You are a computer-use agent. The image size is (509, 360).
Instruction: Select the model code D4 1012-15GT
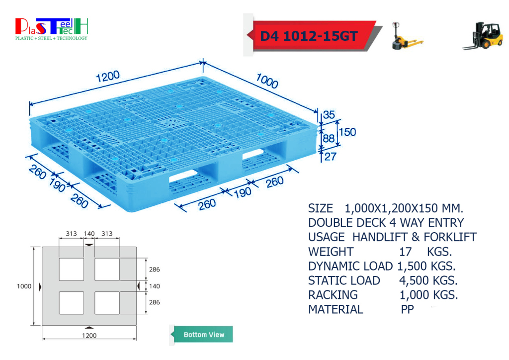point(309,36)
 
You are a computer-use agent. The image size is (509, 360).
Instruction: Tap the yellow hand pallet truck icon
point(407,36)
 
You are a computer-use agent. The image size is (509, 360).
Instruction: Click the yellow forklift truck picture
point(483,36)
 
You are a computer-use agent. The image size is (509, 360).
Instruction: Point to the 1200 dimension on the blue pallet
point(108,77)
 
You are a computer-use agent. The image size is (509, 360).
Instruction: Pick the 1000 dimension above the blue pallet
point(267,81)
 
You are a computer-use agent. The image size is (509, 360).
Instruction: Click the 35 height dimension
point(329,114)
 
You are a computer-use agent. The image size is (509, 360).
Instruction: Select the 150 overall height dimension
point(347,132)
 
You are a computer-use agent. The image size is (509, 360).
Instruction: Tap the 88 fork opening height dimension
point(329,139)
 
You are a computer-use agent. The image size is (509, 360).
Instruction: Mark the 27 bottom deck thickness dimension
point(330,157)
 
